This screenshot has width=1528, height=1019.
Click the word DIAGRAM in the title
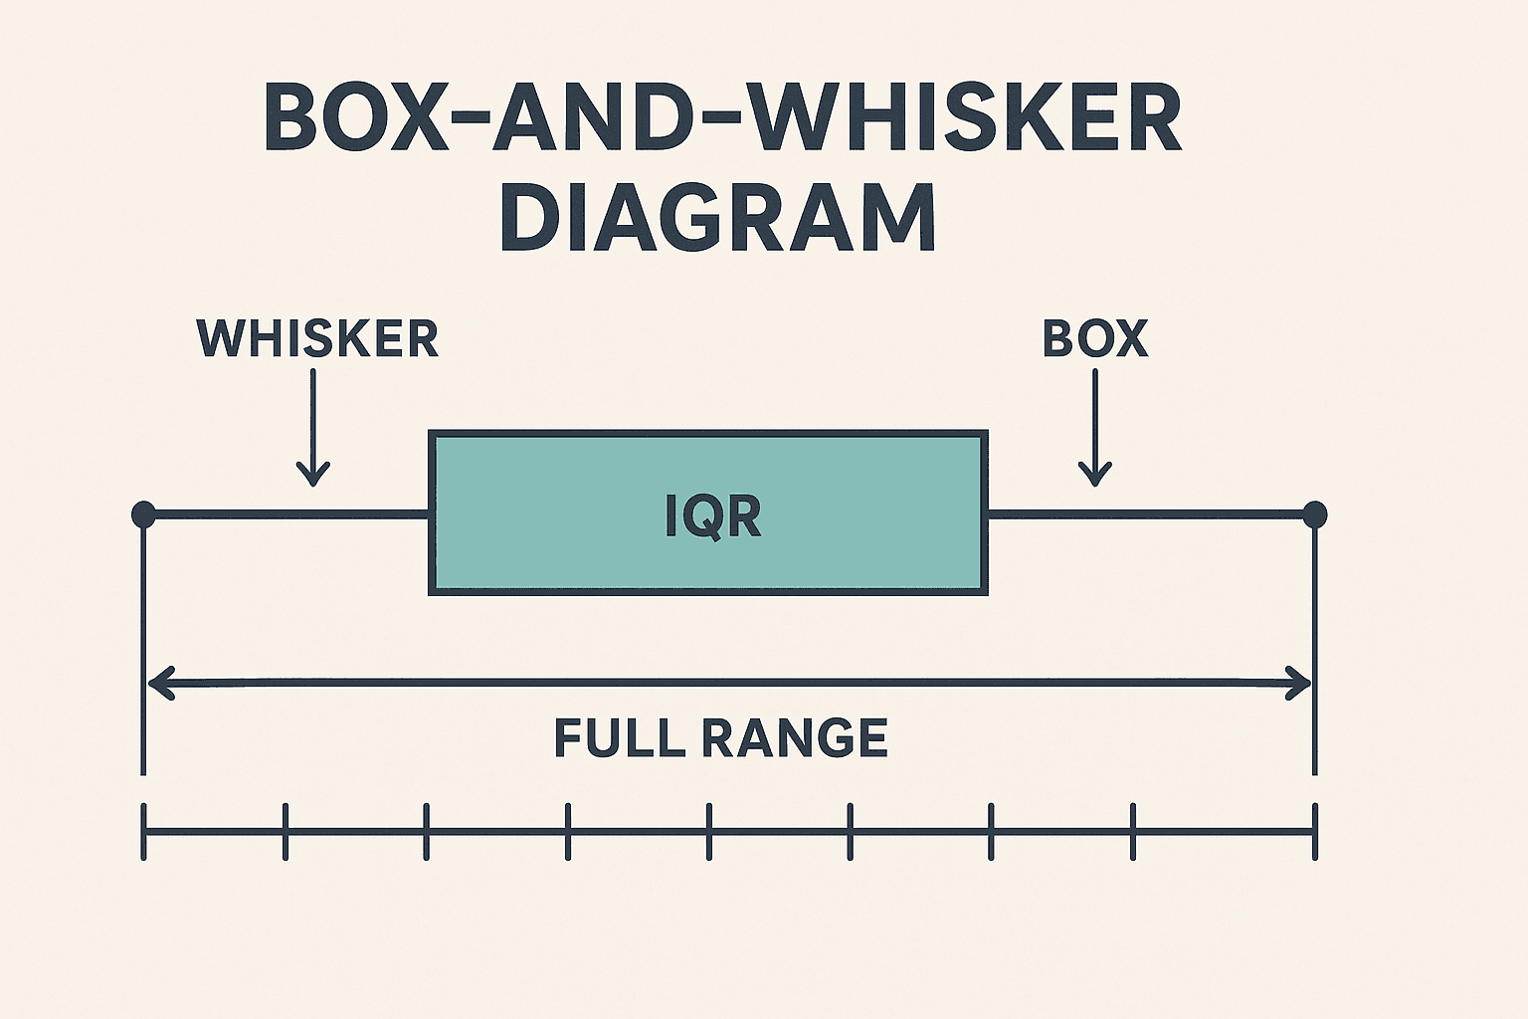tap(718, 217)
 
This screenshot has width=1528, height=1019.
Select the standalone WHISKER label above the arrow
tap(317, 339)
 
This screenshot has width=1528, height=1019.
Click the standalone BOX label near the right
tap(1095, 339)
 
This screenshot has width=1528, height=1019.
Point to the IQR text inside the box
tap(712, 516)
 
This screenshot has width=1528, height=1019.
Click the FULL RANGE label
tap(720, 738)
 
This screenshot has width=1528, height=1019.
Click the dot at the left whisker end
tap(143, 514)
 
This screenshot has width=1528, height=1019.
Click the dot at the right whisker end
tap(1315, 514)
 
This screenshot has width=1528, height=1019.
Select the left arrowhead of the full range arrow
tap(159, 683)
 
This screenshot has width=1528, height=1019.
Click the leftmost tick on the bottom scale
tap(144, 831)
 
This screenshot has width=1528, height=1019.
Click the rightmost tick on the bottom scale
tap(1315, 831)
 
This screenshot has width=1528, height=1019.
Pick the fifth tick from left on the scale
tap(709, 831)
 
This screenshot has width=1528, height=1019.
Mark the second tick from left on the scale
tap(286, 831)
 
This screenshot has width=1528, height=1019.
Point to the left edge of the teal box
tap(431, 513)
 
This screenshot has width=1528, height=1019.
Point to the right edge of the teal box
tap(986, 513)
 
